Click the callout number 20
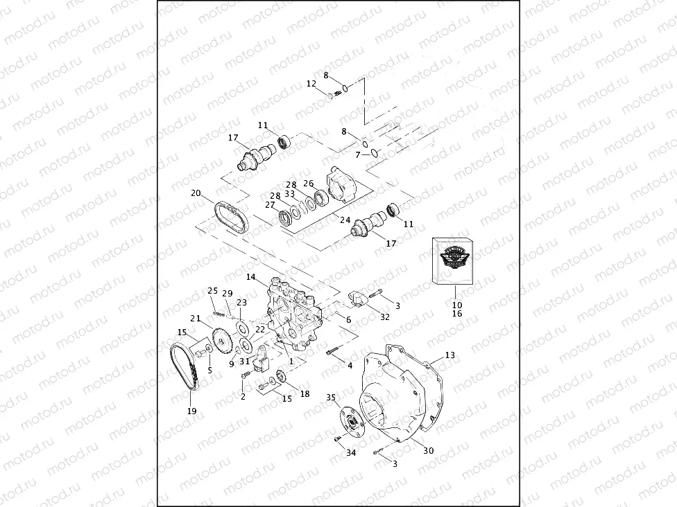[x=196, y=193]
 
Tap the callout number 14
[x=251, y=276]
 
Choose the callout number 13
[x=450, y=355]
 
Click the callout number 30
[x=429, y=450]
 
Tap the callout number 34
[x=351, y=453]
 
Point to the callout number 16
[x=456, y=314]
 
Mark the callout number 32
[x=385, y=317]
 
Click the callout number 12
[x=311, y=84]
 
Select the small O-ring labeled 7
[x=374, y=153]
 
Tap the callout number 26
[x=309, y=184]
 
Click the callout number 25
[x=212, y=290]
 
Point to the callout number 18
[x=304, y=393]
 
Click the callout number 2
[x=243, y=396]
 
